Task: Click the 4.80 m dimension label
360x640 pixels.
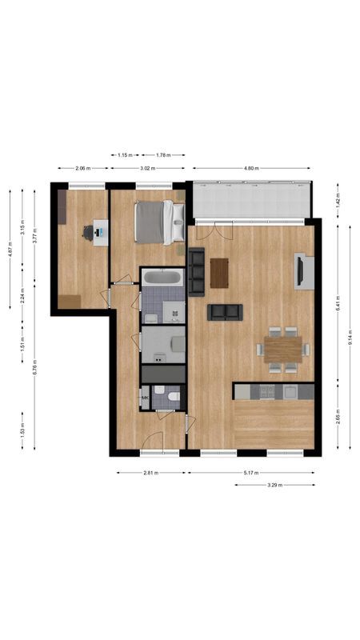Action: pos(252,168)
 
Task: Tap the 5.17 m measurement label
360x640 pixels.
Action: pos(252,473)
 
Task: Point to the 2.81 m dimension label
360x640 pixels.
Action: pos(150,473)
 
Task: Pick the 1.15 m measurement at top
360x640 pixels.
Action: pos(124,155)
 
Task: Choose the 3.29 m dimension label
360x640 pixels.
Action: pos(274,484)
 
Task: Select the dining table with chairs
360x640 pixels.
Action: pos(282,349)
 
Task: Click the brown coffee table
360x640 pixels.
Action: pos(219,273)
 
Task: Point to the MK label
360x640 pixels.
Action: pos(146,398)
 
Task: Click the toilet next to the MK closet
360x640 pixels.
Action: pos(160,391)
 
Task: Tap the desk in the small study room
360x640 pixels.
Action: pos(100,232)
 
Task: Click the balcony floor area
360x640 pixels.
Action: pos(250,199)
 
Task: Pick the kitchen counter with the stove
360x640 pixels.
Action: pos(274,391)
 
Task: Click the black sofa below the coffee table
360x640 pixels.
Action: pos(224,312)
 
